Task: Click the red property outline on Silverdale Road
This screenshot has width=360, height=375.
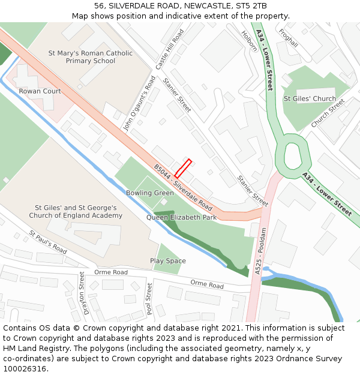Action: click(183, 168)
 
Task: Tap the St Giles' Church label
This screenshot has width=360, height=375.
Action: click(310, 98)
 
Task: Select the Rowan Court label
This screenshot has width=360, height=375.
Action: click(40, 91)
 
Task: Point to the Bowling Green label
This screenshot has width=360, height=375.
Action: click(149, 193)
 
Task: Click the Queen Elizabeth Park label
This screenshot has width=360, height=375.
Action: click(181, 217)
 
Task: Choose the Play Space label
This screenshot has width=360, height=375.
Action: click(168, 261)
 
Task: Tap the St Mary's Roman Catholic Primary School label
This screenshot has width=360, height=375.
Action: click(91, 57)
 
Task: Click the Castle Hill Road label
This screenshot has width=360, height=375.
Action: click(169, 49)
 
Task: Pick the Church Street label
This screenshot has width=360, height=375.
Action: click(328, 113)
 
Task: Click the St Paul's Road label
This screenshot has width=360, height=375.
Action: click(48, 241)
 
